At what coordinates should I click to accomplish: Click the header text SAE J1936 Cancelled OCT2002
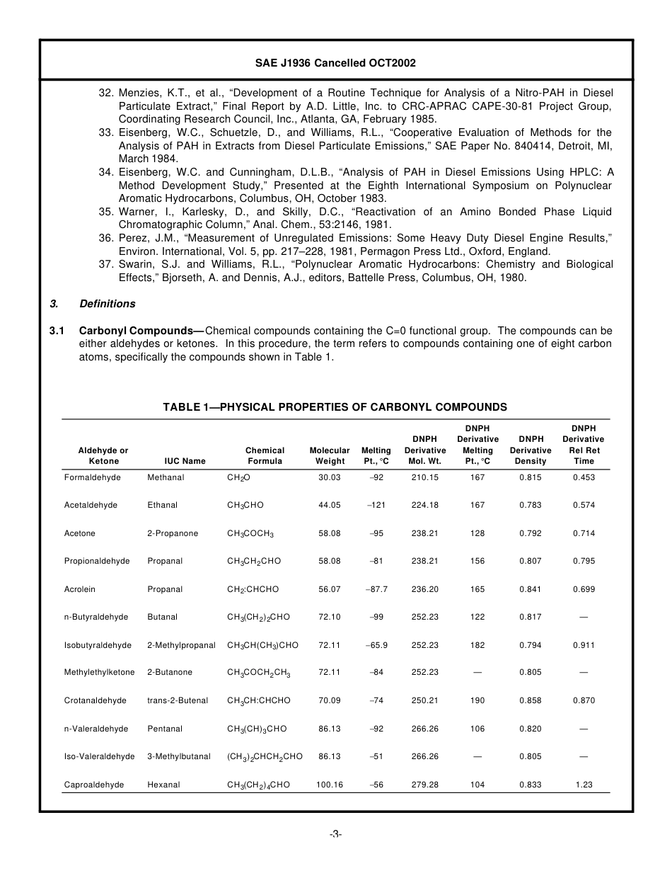click(x=335, y=63)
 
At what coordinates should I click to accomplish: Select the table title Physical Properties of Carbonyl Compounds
click(x=335, y=407)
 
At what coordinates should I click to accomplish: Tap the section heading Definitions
click(x=107, y=304)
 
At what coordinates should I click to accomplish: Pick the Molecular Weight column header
click(x=329, y=455)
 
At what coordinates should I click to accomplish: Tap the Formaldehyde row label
click(x=92, y=477)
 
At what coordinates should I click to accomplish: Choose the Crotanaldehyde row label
click(x=95, y=700)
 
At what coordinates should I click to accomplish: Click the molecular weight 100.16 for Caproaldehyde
click(x=329, y=785)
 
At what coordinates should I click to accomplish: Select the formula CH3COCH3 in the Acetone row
click(x=250, y=533)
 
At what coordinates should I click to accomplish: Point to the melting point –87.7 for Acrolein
click(x=376, y=589)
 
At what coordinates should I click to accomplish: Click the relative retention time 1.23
click(x=584, y=785)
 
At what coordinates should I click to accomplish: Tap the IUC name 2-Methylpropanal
click(x=181, y=645)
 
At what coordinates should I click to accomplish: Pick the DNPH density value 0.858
click(x=531, y=700)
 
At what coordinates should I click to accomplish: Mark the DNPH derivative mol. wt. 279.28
click(x=424, y=785)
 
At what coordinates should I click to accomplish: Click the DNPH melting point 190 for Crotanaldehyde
click(x=477, y=700)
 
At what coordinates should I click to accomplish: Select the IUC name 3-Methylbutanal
click(x=178, y=756)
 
